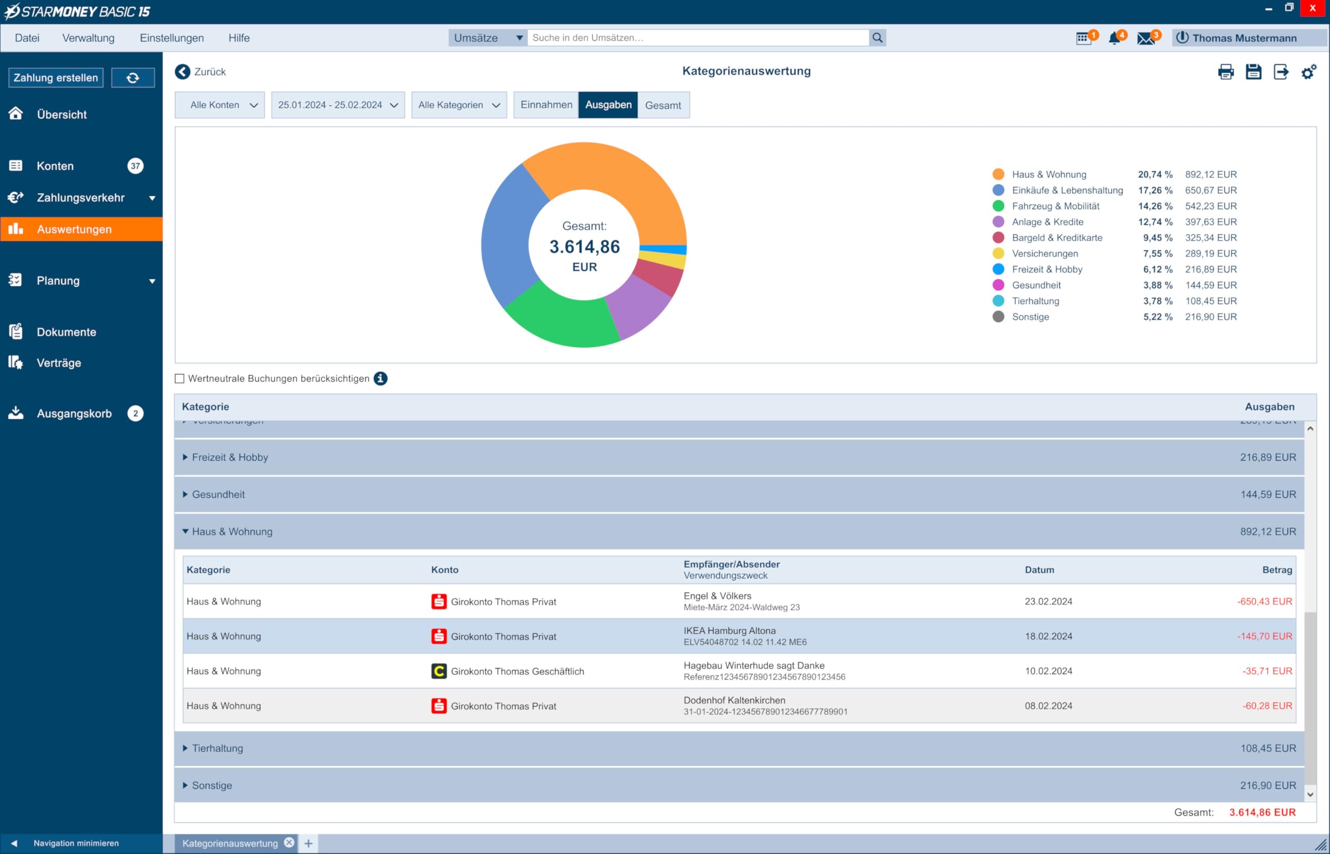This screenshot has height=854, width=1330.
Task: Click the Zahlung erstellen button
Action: (x=56, y=78)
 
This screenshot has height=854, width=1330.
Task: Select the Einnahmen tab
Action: (x=546, y=105)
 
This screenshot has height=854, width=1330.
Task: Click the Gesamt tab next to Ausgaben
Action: (x=663, y=105)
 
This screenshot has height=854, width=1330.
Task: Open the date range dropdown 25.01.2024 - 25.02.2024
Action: (x=338, y=105)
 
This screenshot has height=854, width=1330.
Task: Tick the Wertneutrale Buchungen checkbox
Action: (x=179, y=379)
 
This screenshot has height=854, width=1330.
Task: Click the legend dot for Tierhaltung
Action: (x=998, y=301)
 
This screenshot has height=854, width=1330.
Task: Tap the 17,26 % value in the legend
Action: (x=1155, y=190)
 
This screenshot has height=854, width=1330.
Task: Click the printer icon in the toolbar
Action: (x=1226, y=72)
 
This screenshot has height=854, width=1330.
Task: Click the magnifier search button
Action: (x=877, y=38)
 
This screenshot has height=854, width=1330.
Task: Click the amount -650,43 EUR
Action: (x=1265, y=602)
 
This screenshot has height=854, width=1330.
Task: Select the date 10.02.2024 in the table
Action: (x=1048, y=671)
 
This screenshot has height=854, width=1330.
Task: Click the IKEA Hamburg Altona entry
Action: (x=729, y=631)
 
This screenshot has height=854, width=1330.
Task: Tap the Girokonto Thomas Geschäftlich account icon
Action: (x=439, y=671)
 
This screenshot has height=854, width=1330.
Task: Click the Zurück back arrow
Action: (x=182, y=72)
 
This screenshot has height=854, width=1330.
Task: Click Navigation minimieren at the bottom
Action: (x=76, y=844)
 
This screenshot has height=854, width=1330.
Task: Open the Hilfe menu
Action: (x=239, y=38)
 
